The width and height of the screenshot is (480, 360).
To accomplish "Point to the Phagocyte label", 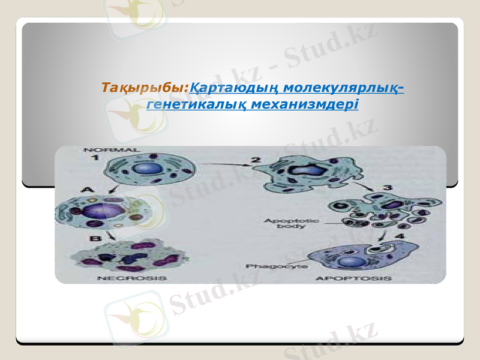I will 268,265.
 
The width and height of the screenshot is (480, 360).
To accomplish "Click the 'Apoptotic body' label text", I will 284,224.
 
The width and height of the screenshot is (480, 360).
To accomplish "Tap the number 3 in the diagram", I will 388,187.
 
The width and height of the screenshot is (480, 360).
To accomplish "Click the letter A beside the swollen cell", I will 88,190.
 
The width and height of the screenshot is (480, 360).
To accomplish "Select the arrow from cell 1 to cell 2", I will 222,163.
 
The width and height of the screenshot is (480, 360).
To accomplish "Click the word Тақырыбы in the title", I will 145,88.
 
